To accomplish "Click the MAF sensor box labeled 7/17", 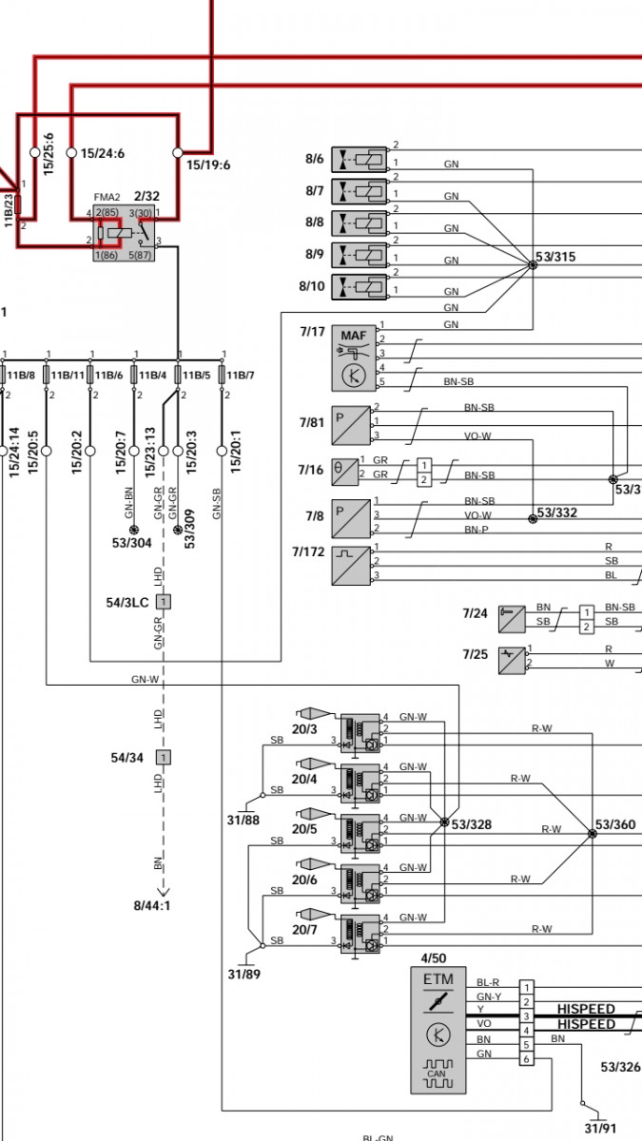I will (x=354, y=358).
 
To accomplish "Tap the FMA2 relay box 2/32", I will (x=123, y=232).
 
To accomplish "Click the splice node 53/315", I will (x=532, y=265).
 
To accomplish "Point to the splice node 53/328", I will (x=443, y=822).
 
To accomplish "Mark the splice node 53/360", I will (x=592, y=833).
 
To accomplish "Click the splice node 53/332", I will (x=532, y=519).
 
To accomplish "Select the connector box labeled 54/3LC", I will (x=164, y=602).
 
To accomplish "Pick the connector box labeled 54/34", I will (x=164, y=757).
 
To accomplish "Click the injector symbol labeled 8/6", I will (x=360, y=160).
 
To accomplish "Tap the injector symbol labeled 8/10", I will (x=360, y=286).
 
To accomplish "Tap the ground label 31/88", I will (x=243, y=820).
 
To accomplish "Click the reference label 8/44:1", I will (x=152, y=905).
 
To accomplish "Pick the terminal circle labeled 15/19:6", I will (x=177, y=152).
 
